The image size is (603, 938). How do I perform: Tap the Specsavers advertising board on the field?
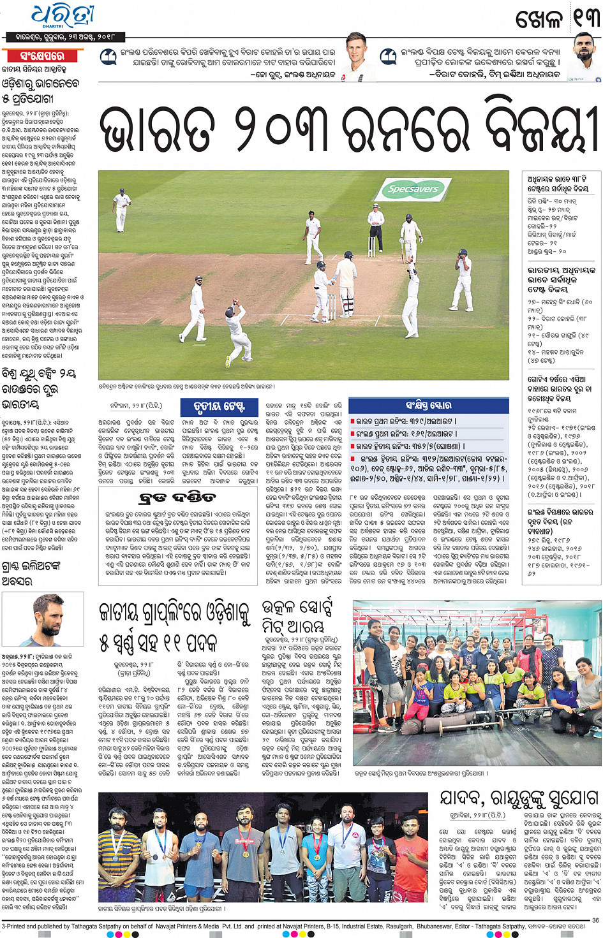tap(413, 189)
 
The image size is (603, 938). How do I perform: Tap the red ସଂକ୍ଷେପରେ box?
tap(41, 56)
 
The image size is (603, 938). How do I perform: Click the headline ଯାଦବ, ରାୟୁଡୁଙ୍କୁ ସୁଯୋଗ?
tap(519, 799)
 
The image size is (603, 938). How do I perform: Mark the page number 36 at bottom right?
tap(595, 920)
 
